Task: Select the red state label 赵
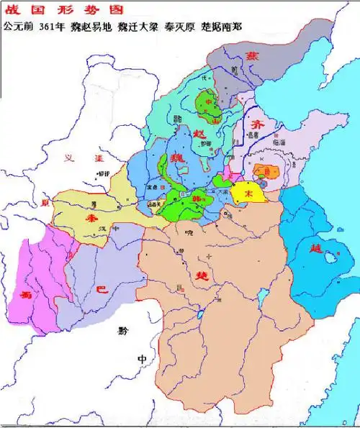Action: pos(200,132)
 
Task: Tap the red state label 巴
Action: pos(102,290)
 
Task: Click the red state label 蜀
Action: pos(27,295)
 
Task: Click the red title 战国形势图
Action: pos(36,10)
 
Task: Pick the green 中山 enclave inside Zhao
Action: pos(209,104)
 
